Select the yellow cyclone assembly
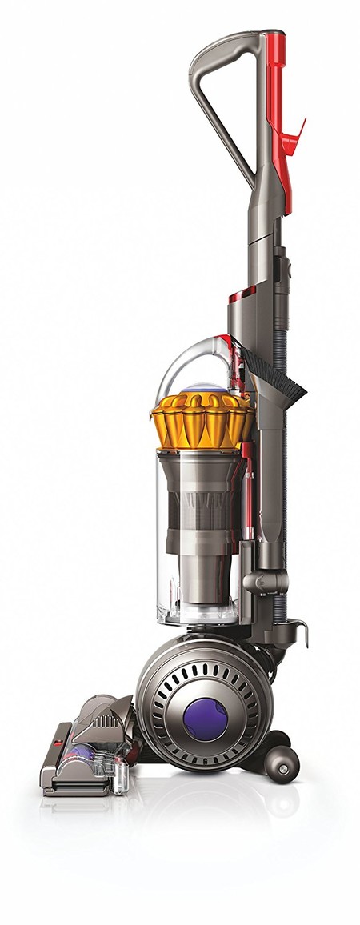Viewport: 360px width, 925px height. click(x=200, y=420)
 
